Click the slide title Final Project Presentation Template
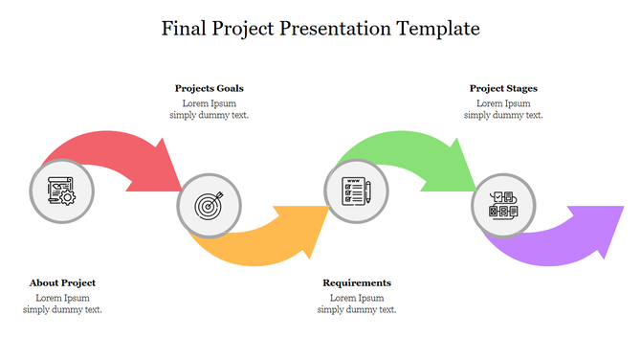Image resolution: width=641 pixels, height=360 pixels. click(x=320, y=29)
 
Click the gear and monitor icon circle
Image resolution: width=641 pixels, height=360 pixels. click(x=62, y=191)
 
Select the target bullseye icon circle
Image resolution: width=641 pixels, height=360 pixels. click(x=209, y=205)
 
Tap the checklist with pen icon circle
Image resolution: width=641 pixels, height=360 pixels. click(x=356, y=191)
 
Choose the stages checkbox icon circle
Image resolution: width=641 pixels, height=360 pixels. click(x=503, y=205)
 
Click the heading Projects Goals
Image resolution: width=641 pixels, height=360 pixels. click(x=209, y=88)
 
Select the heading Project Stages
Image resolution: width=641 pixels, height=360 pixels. click(x=503, y=88)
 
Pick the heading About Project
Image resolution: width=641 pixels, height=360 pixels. click(x=62, y=282)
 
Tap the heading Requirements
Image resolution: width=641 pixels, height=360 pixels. click(x=357, y=282)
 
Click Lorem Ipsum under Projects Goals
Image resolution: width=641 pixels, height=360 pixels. click(x=209, y=102)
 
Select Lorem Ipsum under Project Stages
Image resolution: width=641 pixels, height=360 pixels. click(x=503, y=102)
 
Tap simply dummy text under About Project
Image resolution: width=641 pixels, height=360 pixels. click(x=62, y=309)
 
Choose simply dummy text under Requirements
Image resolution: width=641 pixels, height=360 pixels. click(x=357, y=309)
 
